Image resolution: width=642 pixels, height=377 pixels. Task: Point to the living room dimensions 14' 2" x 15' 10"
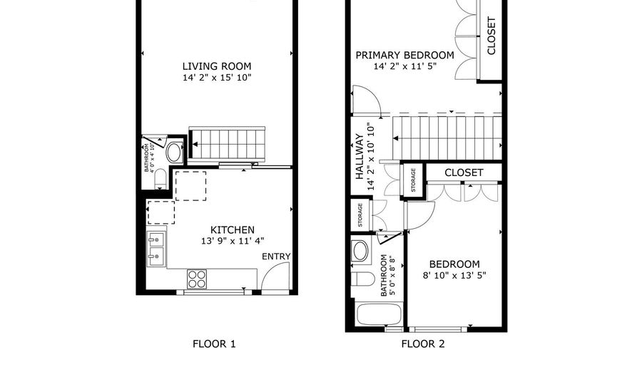[216, 77]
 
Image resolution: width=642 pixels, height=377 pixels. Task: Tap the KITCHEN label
[232, 229]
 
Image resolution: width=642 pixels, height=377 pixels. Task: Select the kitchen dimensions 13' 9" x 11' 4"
[232, 241]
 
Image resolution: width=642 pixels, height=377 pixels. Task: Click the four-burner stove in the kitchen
[196, 279]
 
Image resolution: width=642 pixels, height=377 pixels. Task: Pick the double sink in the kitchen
[156, 248]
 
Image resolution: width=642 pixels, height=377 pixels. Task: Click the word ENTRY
[276, 257]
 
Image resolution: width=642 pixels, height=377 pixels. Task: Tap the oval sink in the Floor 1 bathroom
[174, 153]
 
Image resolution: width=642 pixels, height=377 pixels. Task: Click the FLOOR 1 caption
[214, 344]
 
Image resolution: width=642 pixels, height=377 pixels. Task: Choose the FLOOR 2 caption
[422, 344]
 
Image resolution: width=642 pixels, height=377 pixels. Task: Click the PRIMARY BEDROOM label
[404, 55]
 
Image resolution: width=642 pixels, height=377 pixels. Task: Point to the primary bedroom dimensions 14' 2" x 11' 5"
[404, 66]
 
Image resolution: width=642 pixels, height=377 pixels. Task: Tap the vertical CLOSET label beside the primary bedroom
[491, 36]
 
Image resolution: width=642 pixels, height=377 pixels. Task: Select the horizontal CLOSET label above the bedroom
[464, 172]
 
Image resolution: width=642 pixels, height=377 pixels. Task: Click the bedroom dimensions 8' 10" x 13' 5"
[454, 275]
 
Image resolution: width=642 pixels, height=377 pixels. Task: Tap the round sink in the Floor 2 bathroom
[361, 250]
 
